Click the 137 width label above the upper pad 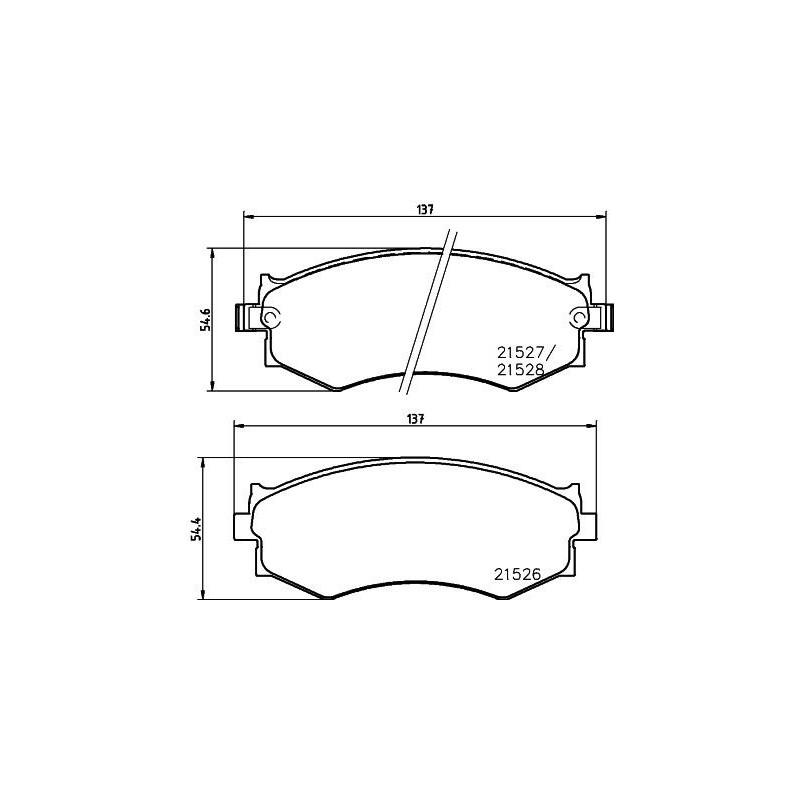click(x=425, y=209)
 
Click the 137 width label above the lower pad click(x=416, y=419)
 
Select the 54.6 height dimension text click(x=205, y=319)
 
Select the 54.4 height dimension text click(x=196, y=529)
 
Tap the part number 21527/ click(x=522, y=352)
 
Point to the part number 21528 click(x=519, y=368)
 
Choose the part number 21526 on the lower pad click(x=517, y=574)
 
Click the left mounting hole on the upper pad click(x=271, y=317)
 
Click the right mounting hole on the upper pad click(x=580, y=317)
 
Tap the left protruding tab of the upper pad click(x=243, y=317)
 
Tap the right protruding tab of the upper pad click(x=607, y=317)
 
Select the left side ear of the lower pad click(x=241, y=526)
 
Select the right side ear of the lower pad click(x=590, y=526)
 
